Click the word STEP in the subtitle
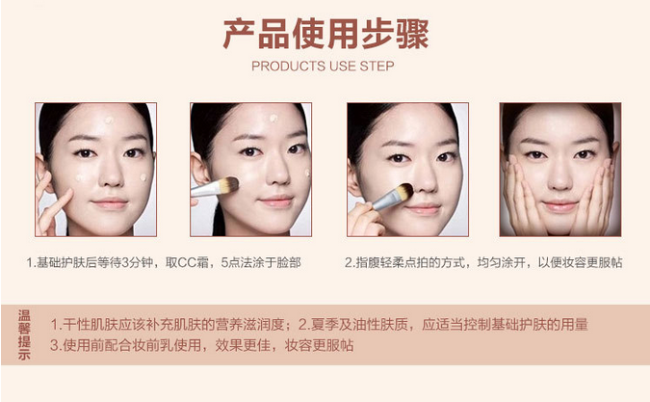coord(377,66)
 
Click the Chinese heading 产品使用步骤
coord(325,34)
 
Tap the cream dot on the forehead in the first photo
coord(109,121)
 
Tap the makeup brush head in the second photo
coord(228,184)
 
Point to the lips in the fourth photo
coord(559,205)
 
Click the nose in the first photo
coord(111,174)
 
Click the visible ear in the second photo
coord(199,169)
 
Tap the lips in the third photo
coord(424,208)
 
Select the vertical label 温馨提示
coord(24,335)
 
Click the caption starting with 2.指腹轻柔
coord(483,262)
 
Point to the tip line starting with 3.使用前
coord(202,345)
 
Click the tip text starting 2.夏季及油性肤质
coord(443,325)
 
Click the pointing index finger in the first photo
coord(58,205)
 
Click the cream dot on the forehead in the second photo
coord(273,119)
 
